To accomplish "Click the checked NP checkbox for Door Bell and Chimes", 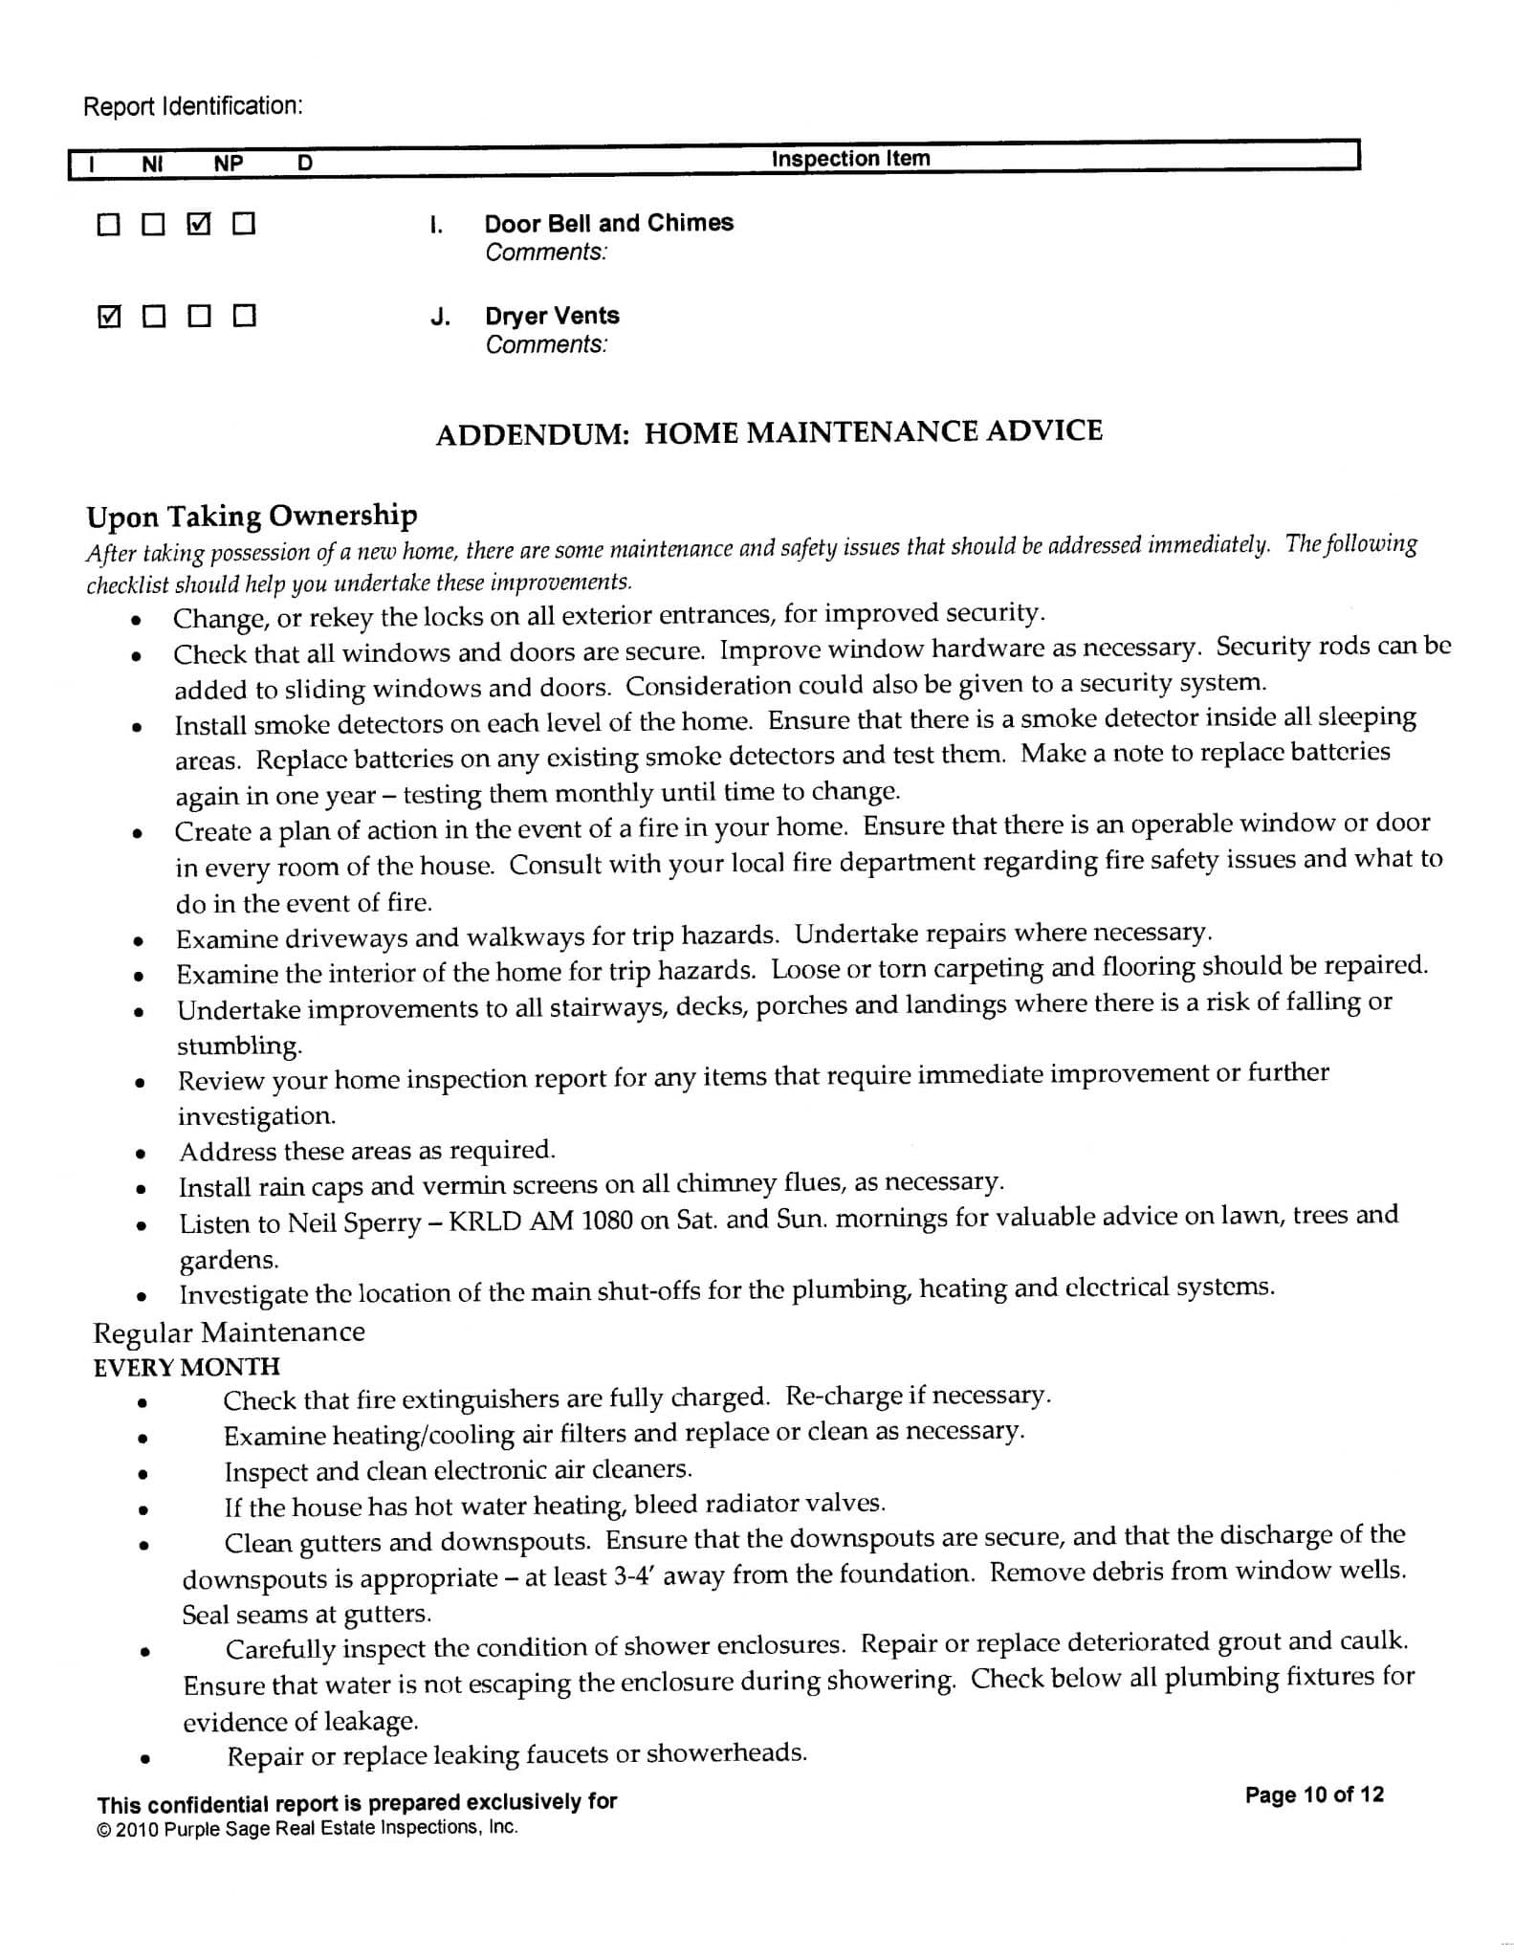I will pos(199,225).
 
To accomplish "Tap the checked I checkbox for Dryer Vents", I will pos(110,316).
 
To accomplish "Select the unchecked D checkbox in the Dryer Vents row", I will pos(245,316).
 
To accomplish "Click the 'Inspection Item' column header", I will pos(850,159).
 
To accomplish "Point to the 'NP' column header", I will pos(229,164).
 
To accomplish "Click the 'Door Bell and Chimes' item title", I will pos(608,223).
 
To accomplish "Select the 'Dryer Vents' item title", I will pos(552,316).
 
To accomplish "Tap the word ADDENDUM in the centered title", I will pos(532,434).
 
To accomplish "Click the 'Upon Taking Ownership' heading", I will pos(252,517).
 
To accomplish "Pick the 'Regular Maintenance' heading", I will pos(230,1332).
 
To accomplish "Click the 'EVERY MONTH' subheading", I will pos(187,1368).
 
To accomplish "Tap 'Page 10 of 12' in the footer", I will pos(1314,1794).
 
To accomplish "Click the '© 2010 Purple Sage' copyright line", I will pos(307,1828).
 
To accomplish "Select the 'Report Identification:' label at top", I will pos(193,106).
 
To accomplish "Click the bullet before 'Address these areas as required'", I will pos(141,1155).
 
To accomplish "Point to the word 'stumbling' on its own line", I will pos(239,1046).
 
